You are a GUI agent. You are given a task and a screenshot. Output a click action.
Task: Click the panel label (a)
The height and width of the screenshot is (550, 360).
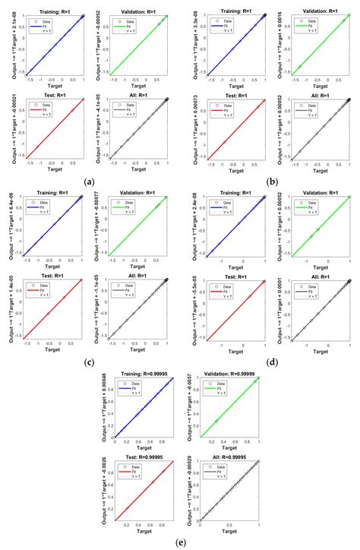click(90, 181)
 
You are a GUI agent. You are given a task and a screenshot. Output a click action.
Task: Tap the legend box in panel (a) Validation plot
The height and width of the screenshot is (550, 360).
click(125, 25)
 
